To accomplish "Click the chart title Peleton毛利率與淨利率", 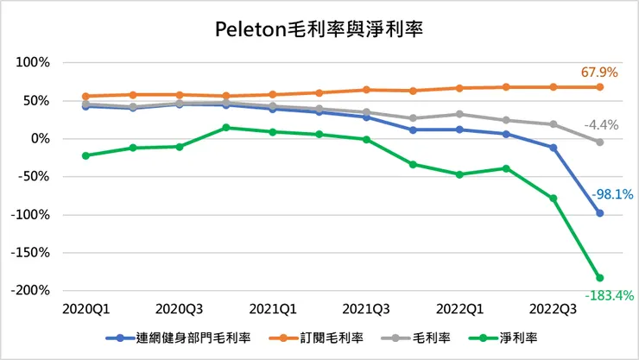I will [x=319, y=28].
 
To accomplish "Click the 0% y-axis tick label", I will [x=41, y=139].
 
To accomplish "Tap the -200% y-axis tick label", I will [x=31, y=291].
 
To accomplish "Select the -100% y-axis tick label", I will [x=31, y=215].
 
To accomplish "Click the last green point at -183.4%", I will [x=599, y=278].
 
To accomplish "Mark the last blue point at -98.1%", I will [x=599, y=213].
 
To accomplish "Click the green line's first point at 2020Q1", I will [x=85, y=155].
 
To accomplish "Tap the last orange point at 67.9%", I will [x=599, y=86].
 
